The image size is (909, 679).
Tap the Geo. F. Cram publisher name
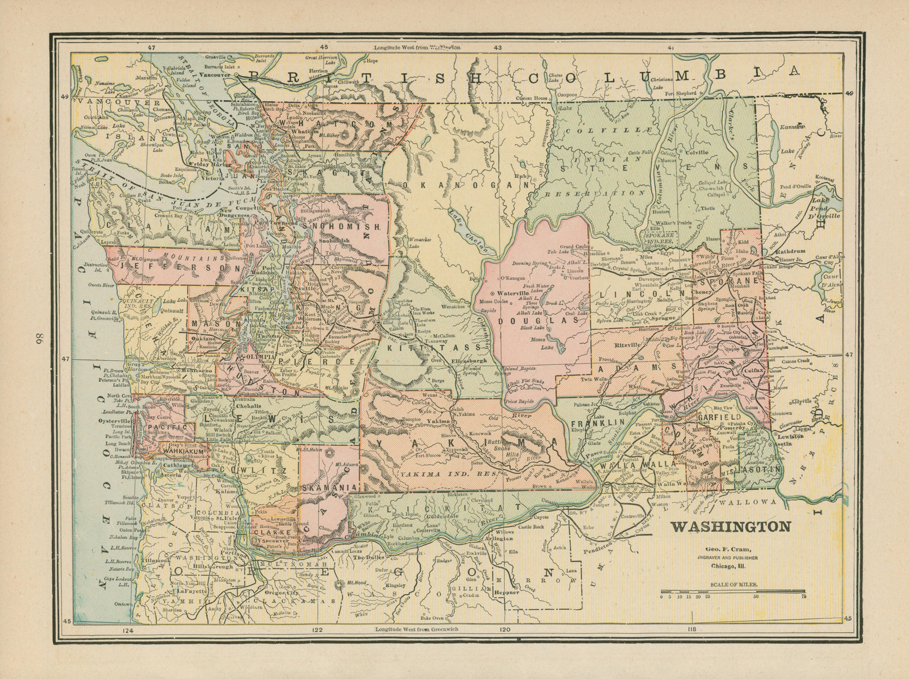click(x=728, y=549)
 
